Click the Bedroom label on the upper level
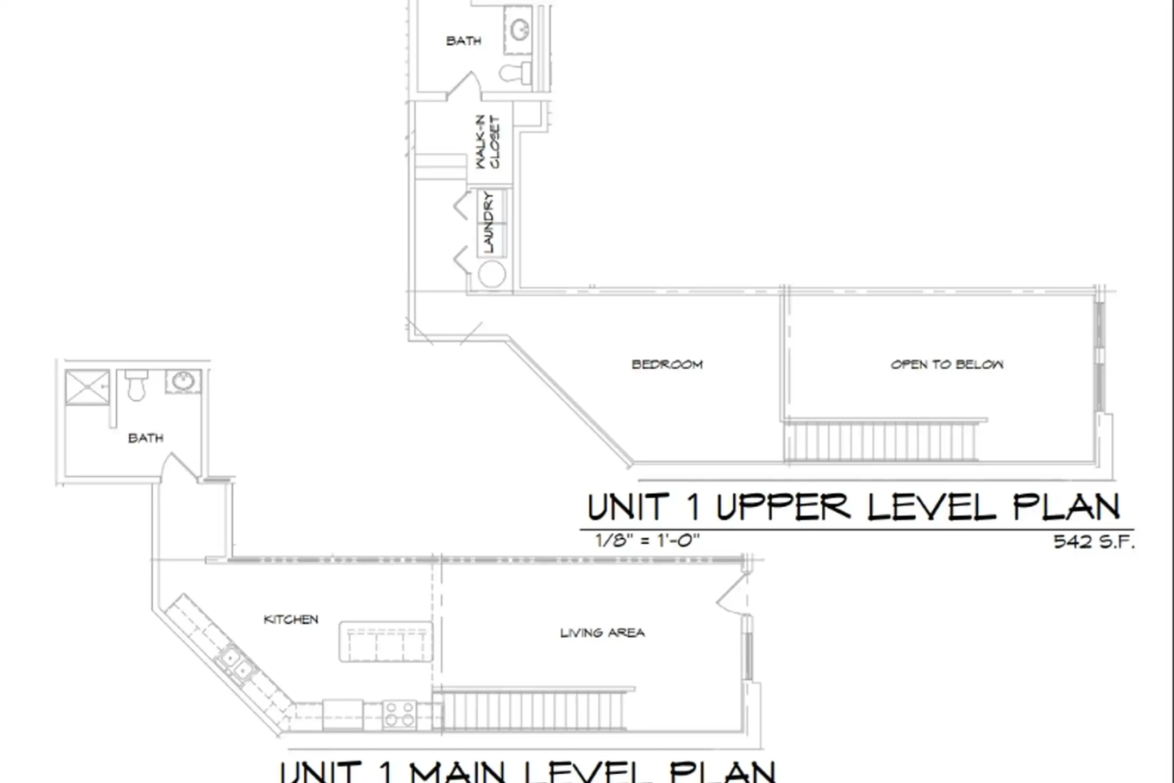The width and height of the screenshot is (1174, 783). [667, 364]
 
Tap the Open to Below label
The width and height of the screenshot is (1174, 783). [947, 364]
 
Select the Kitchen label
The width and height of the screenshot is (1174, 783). [291, 619]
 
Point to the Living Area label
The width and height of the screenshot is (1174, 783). [602, 632]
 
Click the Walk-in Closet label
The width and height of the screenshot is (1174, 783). [488, 141]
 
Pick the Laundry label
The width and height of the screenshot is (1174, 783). [488, 222]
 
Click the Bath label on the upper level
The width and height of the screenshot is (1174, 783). [464, 41]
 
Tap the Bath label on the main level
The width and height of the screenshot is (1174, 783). [146, 438]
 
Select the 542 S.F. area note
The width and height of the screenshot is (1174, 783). [1094, 542]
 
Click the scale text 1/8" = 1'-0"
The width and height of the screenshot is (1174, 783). [647, 540]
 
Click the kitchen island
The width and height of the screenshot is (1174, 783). [386, 642]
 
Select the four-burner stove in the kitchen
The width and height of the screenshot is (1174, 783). [399, 714]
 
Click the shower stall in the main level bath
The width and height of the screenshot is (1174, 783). [87, 387]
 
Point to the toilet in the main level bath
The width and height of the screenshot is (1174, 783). [136, 384]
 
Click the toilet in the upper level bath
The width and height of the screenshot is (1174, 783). [515, 73]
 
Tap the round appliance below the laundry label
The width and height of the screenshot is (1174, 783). [492, 274]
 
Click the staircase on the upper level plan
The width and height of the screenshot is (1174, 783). [880, 441]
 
